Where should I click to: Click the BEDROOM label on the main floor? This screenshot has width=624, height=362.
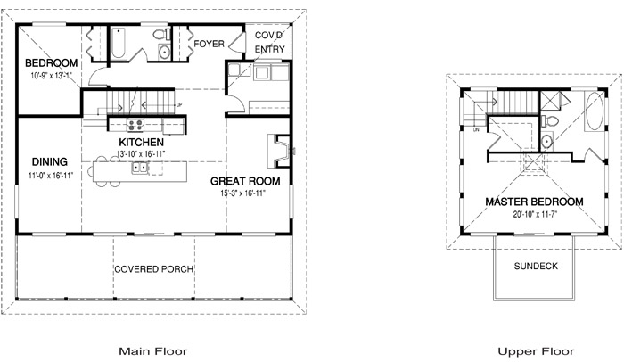[x=52, y=63]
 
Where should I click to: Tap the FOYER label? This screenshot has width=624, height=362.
[x=209, y=44]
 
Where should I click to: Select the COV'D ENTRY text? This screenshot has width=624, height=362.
[x=269, y=42]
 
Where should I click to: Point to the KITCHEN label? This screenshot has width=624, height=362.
[x=141, y=142]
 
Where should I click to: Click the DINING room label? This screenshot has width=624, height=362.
[x=50, y=161]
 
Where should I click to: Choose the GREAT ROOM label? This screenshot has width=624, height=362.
[x=245, y=181]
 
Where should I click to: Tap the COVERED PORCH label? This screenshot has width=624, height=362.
[x=154, y=269]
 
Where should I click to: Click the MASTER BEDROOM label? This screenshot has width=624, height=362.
[x=534, y=202]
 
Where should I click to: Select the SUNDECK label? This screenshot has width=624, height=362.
[x=536, y=266]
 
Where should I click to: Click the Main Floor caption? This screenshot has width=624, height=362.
[x=153, y=351]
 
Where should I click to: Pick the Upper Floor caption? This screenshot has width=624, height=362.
[x=536, y=351]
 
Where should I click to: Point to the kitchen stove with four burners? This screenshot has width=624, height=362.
[x=135, y=125]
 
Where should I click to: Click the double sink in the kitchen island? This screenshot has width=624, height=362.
[x=140, y=168]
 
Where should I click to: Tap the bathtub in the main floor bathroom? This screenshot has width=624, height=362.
[x=119, y=44]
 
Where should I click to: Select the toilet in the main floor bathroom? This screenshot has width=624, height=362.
[x=161, y=34]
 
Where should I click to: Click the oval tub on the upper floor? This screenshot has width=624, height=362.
[x=595, y=111]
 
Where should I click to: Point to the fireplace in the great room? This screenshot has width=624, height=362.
[x=280, y=151]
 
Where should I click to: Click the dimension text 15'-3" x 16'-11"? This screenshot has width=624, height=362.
[x=242, y=193]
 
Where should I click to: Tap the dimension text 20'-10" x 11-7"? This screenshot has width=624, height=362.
[x=535, y=214]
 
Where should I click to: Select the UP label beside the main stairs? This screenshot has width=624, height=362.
[x=179, y=105]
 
